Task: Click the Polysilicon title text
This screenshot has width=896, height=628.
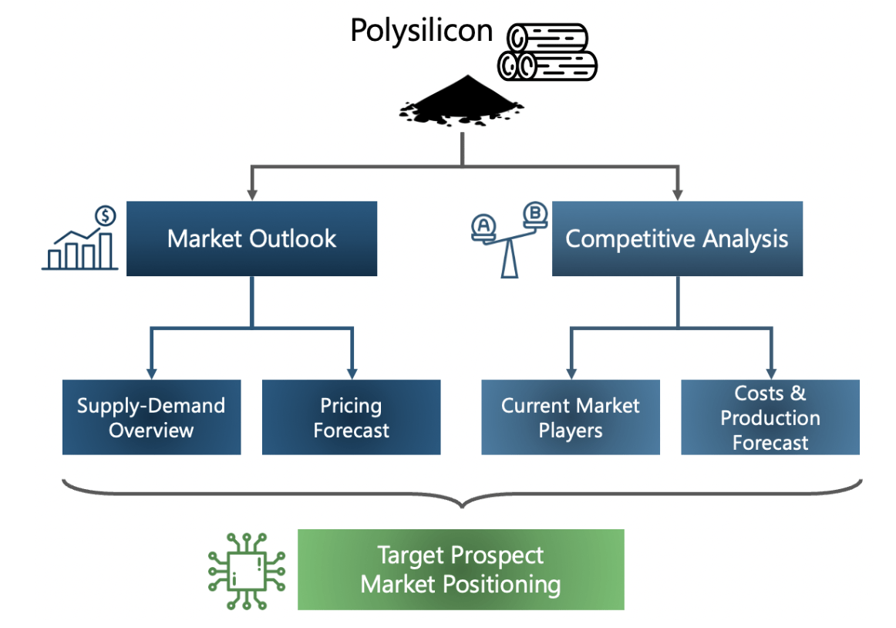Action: (421, 30)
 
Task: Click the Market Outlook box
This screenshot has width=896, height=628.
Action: (251, 238)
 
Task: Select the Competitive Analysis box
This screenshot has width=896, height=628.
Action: (677, 238)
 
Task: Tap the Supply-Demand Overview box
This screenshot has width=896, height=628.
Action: (151, 417)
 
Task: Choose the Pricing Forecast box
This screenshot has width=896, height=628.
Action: (351, 417)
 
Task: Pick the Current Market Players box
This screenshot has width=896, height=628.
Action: (571, 417)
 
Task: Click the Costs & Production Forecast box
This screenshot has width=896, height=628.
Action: (770, 417)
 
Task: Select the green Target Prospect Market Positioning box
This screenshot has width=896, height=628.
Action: (460, 569)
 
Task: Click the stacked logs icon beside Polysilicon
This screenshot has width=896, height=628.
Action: (547, 52)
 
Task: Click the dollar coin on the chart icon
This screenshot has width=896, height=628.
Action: (105, 215)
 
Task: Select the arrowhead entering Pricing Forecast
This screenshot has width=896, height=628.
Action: (352, 372)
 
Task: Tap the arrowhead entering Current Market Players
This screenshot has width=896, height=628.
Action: (571, 372)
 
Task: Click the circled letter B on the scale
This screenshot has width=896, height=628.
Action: (534, 211)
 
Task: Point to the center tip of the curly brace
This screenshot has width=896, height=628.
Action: (462, 506)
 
